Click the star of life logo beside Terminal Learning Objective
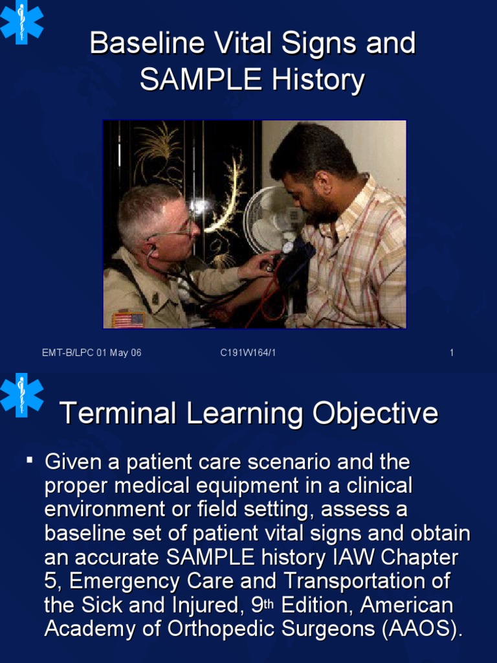click(x=21, y=394)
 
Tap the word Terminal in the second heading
click(x=117, y=413)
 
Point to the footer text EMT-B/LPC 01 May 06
click(x=91, y=353)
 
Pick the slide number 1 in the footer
click(x=451, y=353)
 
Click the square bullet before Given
click(x=30, y=460)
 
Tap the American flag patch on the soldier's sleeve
click(x=128, y=320)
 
